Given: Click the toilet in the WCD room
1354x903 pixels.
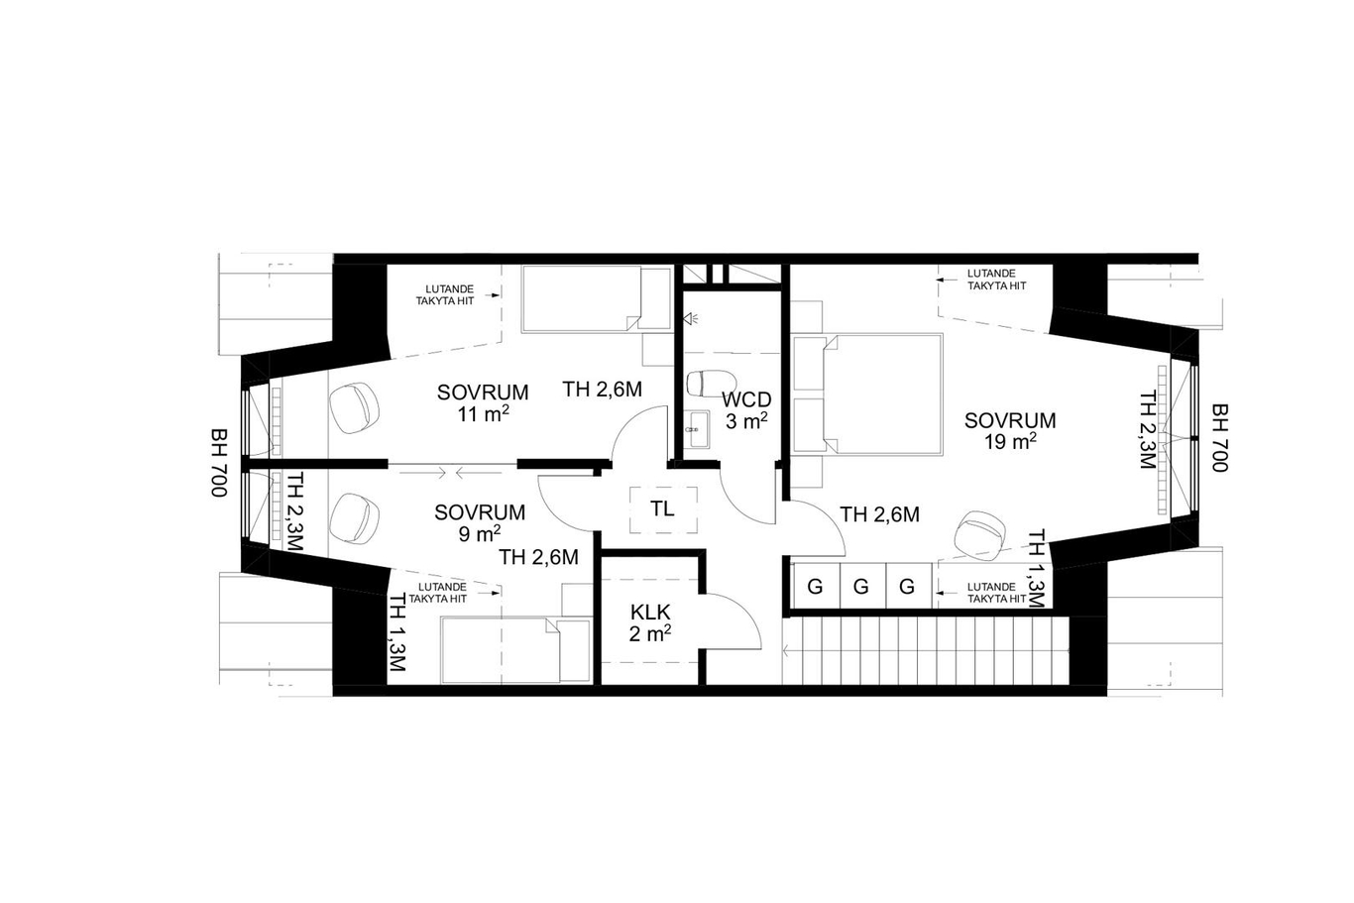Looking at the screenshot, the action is (x=711, y=383).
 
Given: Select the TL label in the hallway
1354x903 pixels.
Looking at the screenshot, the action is (x=662, y=508).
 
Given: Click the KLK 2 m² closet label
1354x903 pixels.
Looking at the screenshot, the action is (x=650, y=621).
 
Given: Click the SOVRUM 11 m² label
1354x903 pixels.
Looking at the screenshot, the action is (x=483, y=403).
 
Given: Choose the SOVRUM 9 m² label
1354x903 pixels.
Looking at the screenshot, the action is (x=480, y=522).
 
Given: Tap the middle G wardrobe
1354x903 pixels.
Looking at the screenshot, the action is (x=860, y=586).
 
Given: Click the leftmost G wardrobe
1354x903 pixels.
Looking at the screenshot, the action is (x=815, y=586).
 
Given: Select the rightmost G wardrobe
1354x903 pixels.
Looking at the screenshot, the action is (x=907, y=586).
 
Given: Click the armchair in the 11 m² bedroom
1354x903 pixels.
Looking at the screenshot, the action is (x=354, y=406).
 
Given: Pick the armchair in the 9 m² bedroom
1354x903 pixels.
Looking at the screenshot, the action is (x=354, y=519).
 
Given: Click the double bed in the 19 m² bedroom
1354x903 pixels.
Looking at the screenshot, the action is (x=867, y=395).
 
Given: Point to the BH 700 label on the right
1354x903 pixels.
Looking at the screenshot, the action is (x=1219, y=437).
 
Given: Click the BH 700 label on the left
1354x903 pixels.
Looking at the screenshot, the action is (x=218, y=463).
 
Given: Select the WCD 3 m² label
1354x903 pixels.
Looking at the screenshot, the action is (x=746, y=410).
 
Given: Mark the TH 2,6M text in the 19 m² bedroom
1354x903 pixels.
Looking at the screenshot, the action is (x=879, y=514).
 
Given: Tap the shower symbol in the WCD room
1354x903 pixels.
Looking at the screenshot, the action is (x=690, y=318).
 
